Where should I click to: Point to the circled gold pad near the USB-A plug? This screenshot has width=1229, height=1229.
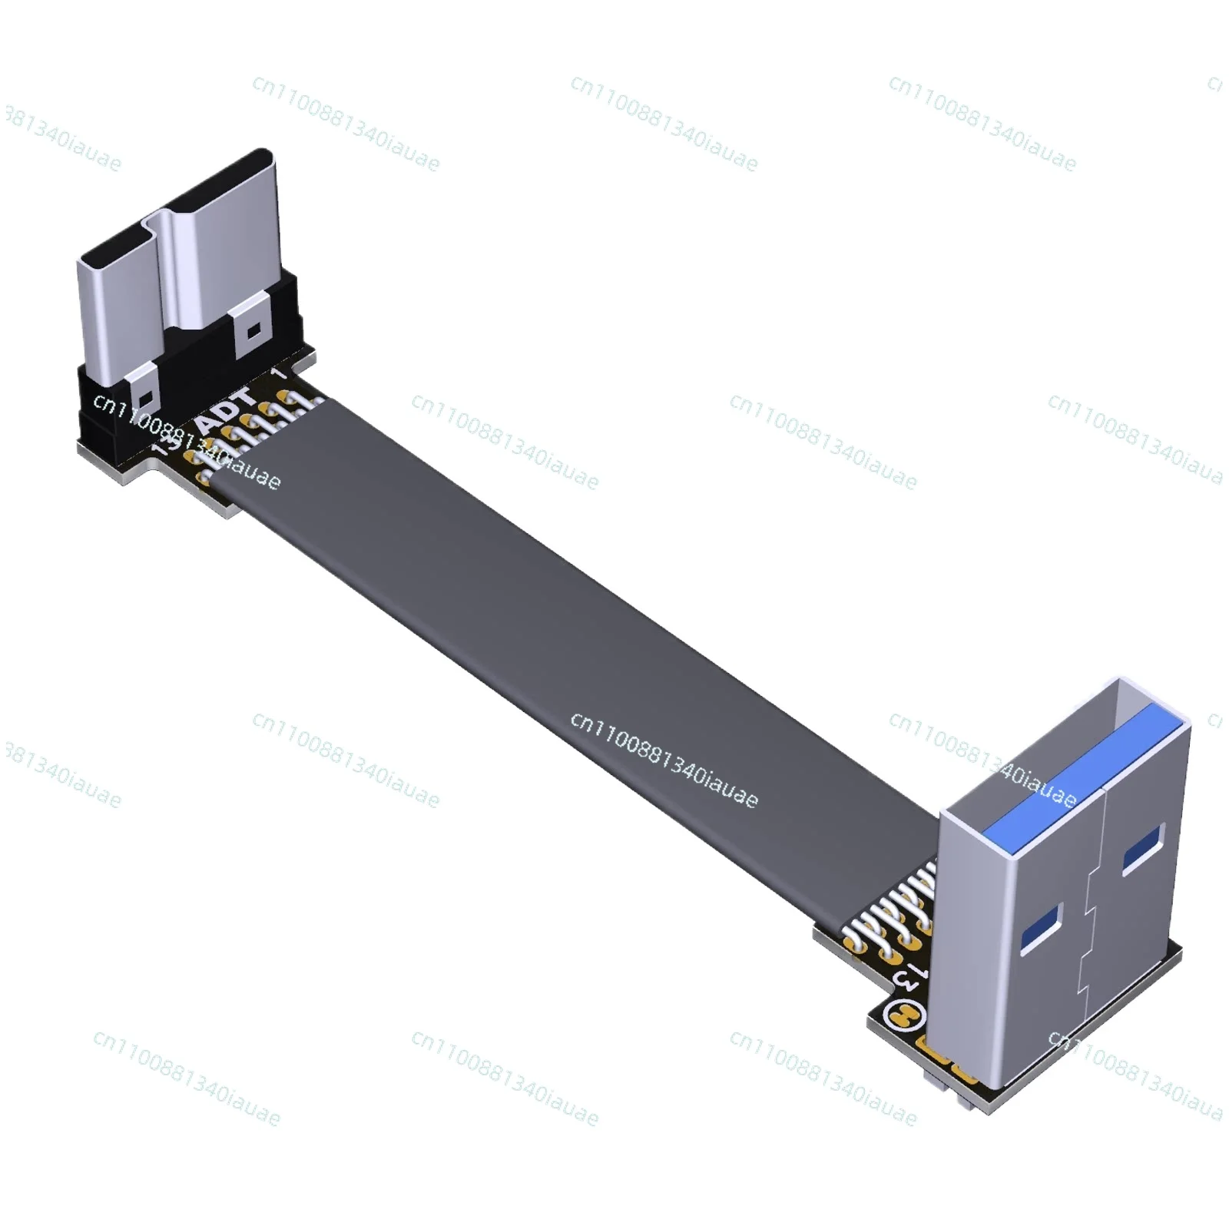tap(905, 1019)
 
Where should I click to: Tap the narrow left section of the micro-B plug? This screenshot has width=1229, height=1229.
tap(115, 307)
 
